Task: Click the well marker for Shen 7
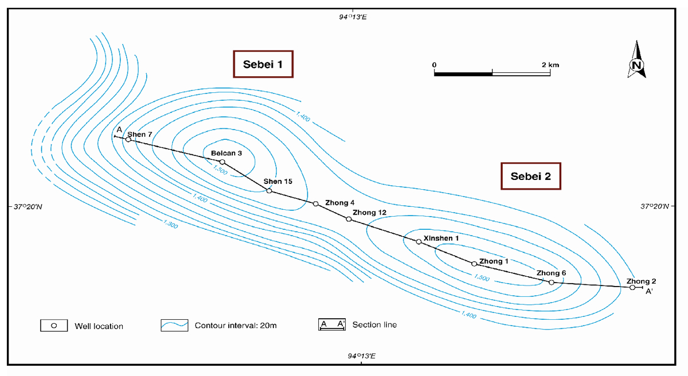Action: (128, 140)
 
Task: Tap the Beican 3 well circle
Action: (222, 162)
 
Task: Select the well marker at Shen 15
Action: (269, 191)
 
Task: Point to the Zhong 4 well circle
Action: (316, 204)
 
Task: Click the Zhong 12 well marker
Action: (349, 219)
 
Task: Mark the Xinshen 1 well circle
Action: (419, 242)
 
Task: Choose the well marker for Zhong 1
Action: (474, 264)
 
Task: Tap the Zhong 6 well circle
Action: (552, 283)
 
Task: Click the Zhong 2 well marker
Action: (632, 288)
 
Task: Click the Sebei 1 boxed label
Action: (263, 64)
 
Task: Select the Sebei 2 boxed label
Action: (531, 176)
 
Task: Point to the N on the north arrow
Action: (637, 65)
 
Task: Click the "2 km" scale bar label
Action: (550, 65)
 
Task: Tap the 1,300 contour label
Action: (170, 224)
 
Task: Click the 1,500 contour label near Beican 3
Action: (220, 170)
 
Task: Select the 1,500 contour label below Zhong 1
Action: (482, 277)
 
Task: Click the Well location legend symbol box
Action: (54, 326)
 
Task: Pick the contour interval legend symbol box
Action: (174, 325)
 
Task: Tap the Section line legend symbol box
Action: (332, 324)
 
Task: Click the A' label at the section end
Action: (649, 291)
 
